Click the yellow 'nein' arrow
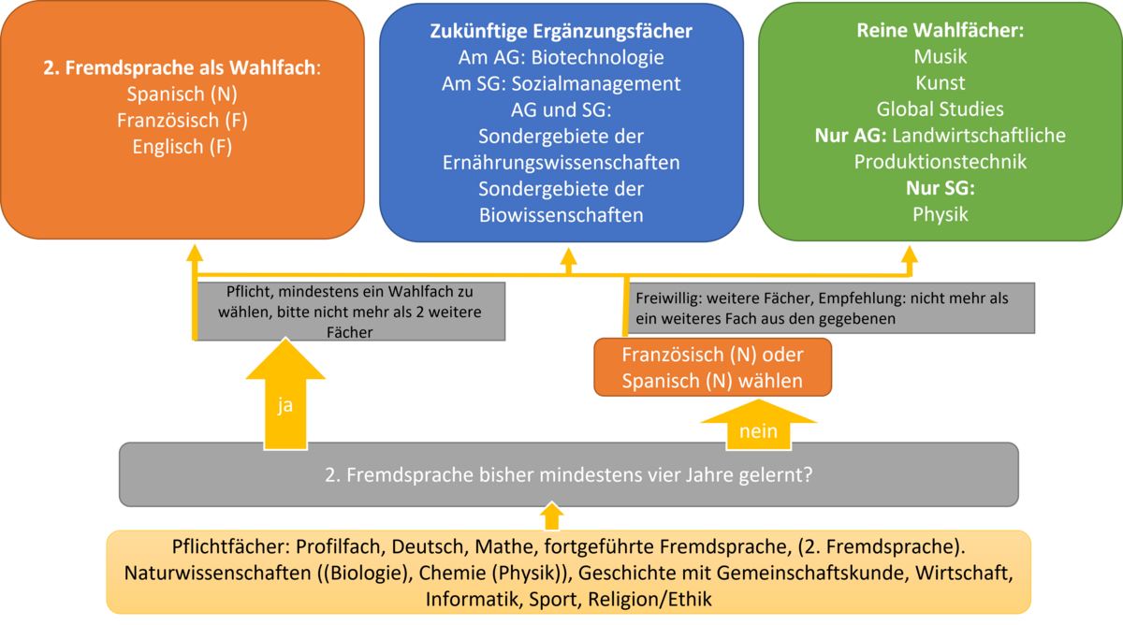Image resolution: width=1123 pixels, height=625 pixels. click(x=758, y=425)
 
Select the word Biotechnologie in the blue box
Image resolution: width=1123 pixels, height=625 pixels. click(x=598, y=57)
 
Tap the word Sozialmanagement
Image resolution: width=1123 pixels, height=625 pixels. click(x=596, y=83)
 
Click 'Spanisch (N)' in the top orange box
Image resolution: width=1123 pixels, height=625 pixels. click(x=182, y=94)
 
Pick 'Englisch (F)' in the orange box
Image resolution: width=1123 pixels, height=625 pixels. click(x=182, y=147)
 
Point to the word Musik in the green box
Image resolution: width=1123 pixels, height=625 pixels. click(x=940, y=57)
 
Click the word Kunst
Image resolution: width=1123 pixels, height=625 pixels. click(x=940, y=82)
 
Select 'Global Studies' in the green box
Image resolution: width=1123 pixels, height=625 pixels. click(x=940, y=109)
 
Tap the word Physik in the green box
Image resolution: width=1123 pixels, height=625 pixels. click(x=940, y=214)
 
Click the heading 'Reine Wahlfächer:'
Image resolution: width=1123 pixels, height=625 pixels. click(x=940, y=30)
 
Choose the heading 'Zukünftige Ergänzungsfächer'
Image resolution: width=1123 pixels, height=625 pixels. click(x=561, y=31)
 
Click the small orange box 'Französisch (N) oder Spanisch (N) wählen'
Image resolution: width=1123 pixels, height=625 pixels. click(x=712, y=368)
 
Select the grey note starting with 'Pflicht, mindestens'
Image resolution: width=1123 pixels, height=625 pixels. click(x=350, y=312)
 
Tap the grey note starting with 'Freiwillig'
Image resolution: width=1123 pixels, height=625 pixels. click(x=831, y=308)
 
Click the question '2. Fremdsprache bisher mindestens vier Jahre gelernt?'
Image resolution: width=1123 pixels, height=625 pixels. click(x=569, y=474)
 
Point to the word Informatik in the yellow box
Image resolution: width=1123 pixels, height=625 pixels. click(x=472, y=599)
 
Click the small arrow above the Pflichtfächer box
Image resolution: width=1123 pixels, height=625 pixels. click(x=551, y=516)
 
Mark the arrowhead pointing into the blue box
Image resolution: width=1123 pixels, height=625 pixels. click(x=568, y=256)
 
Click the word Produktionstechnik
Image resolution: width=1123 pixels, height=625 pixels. click(x=940, y=162)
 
